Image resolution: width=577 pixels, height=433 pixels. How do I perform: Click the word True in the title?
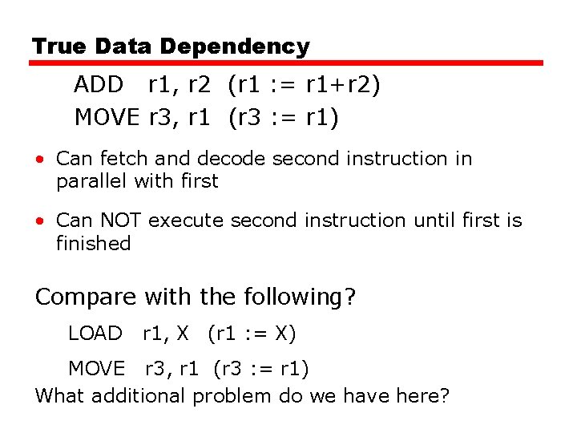click(59, 47)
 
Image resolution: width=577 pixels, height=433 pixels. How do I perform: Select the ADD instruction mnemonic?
click(99, 84)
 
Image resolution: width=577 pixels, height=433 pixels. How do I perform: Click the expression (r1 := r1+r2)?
click(304, 84)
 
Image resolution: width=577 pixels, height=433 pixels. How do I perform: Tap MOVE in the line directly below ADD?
click(107, 118)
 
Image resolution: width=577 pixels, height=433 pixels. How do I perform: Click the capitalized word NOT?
click(122, 220)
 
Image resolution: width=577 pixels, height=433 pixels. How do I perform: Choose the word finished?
click(93, 242)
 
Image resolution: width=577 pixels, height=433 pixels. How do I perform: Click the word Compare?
click(86, 297)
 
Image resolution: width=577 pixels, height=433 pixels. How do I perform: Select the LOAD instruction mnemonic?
click(95, 333)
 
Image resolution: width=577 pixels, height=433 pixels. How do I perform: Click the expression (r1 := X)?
click(252, 333)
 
